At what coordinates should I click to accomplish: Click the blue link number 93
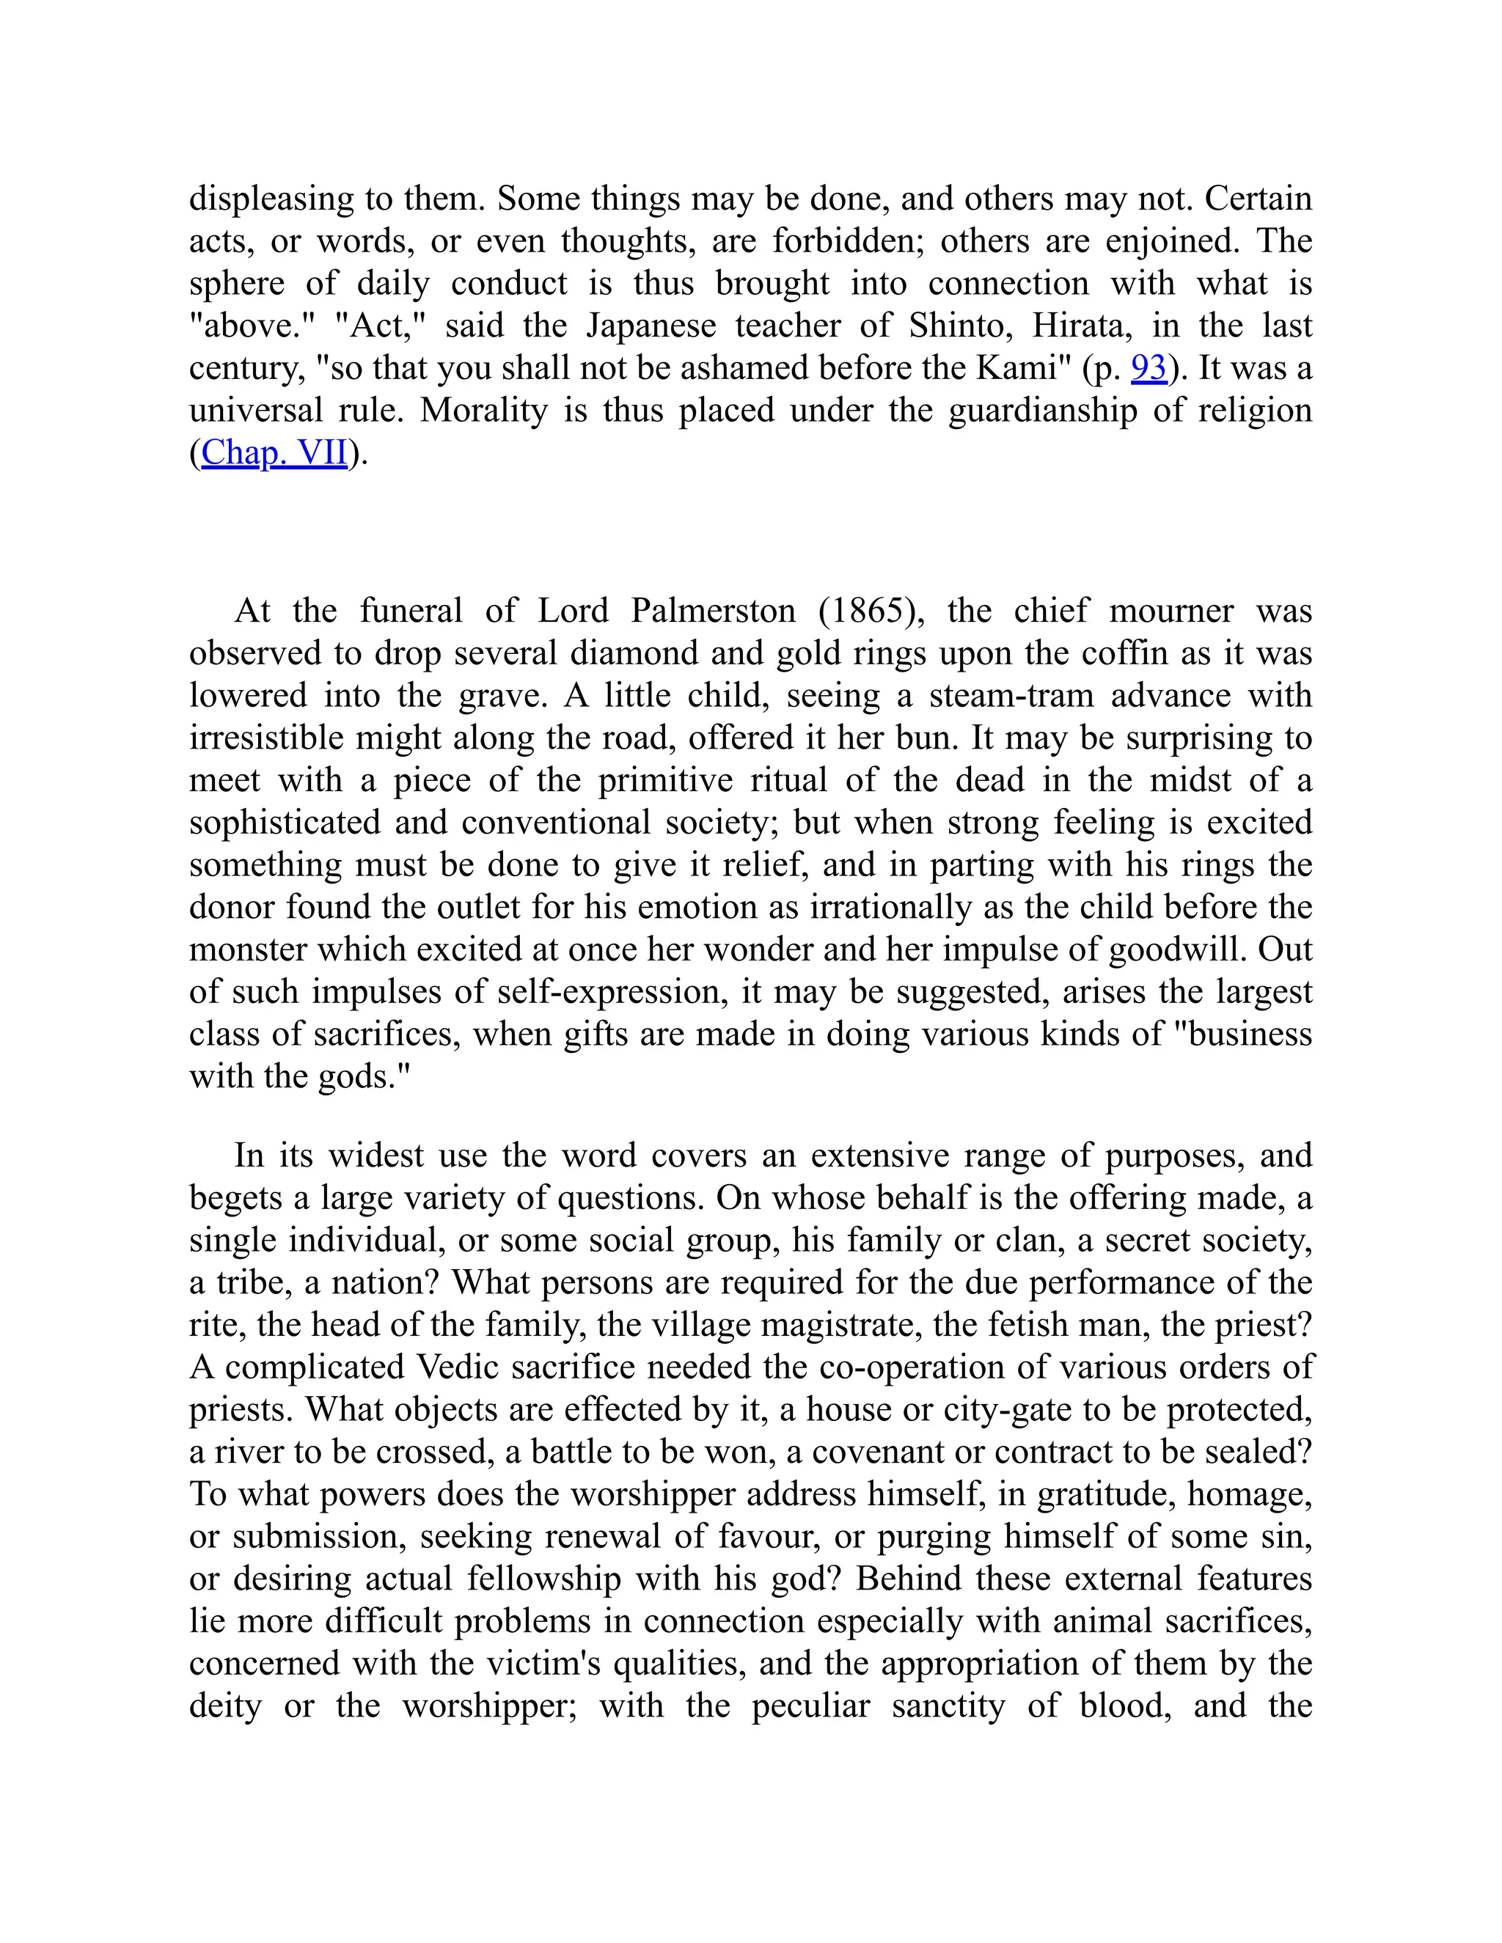(1148, 367)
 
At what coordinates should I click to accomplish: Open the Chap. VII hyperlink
(274, 453)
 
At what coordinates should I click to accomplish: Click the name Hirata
(1081, 326)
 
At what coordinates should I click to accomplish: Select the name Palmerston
(713, 611)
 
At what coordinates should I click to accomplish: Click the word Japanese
(651, 326)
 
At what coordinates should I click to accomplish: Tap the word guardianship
(1042, 410)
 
